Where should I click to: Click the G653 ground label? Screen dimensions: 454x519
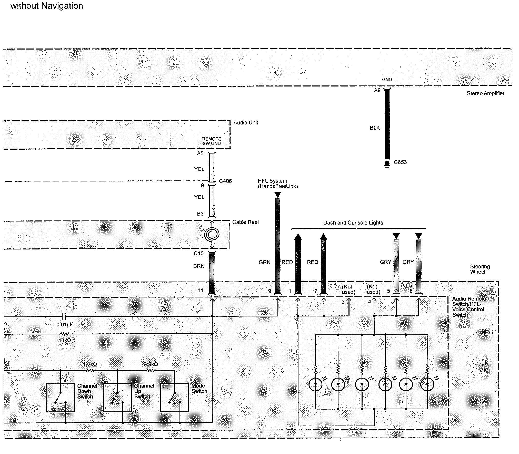[400, 162]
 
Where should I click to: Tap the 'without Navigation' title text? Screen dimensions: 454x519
[47, 6]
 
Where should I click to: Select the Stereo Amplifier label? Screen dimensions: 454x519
[485, 93]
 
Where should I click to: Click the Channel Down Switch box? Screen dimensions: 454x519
[61, 398]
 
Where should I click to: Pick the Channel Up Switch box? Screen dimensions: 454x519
[117, 398]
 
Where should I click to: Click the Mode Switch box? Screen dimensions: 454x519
[174, 398]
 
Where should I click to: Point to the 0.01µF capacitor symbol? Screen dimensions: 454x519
[64, 316]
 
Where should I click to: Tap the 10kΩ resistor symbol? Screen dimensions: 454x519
[64, 334]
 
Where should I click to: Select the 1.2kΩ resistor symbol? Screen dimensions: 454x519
[91, 370]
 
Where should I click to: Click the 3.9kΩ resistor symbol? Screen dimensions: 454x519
[151, 370]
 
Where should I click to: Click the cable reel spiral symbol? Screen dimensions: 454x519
[212, 234]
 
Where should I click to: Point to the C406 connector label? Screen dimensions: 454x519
[225, 181]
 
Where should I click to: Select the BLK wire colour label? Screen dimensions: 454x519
[375, 128]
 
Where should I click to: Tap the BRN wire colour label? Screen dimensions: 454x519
[199, 266]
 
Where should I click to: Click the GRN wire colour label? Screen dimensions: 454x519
[264, 262]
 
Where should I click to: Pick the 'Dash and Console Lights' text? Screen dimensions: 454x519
[353, 223]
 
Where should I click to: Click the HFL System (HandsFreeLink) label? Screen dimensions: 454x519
[278, 183]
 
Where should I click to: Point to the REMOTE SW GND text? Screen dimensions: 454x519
[212, 141]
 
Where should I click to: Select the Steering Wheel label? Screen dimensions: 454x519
[480, 269]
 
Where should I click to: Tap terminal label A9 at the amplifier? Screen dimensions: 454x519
[377, 90]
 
